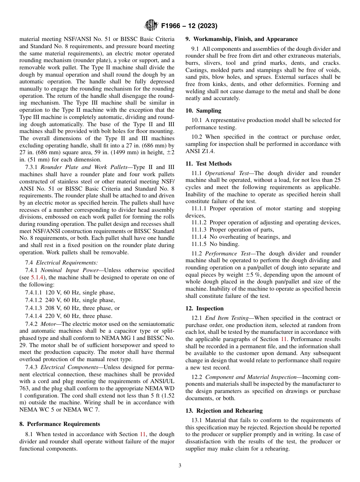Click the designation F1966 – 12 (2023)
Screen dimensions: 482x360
pyautogui.click(x=189, y=26)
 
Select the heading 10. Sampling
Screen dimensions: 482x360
pyautogui.click(x=203, y=111)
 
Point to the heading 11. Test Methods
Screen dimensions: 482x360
pyautogui.click(x=208, y=164)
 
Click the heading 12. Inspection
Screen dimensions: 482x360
pyautogui.click(x=205, y=308)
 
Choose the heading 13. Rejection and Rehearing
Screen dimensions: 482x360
pyautogui.click(x=224, y=411)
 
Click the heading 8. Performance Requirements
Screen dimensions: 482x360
pyautogui.click(x=59, y=424)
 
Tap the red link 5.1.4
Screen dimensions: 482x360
pyautogui.click(x=37, y=277)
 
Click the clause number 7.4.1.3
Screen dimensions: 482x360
pyautogui.click(x=34, y=308)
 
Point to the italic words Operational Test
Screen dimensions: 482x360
pyautogui.click(x=225, y=173)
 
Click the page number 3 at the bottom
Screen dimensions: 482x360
pyautogui.click(x=180, y=466)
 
